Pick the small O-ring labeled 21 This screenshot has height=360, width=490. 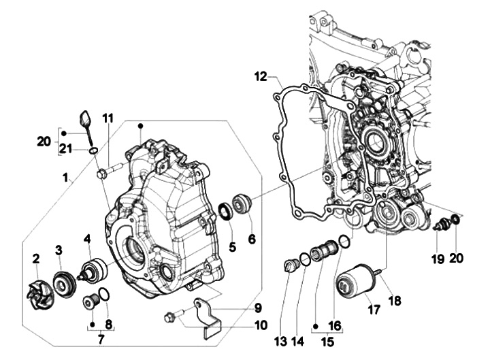pos(93,149)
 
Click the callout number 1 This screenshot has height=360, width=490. pos(65,179)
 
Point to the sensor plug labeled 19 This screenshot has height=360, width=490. pos(441,225)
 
